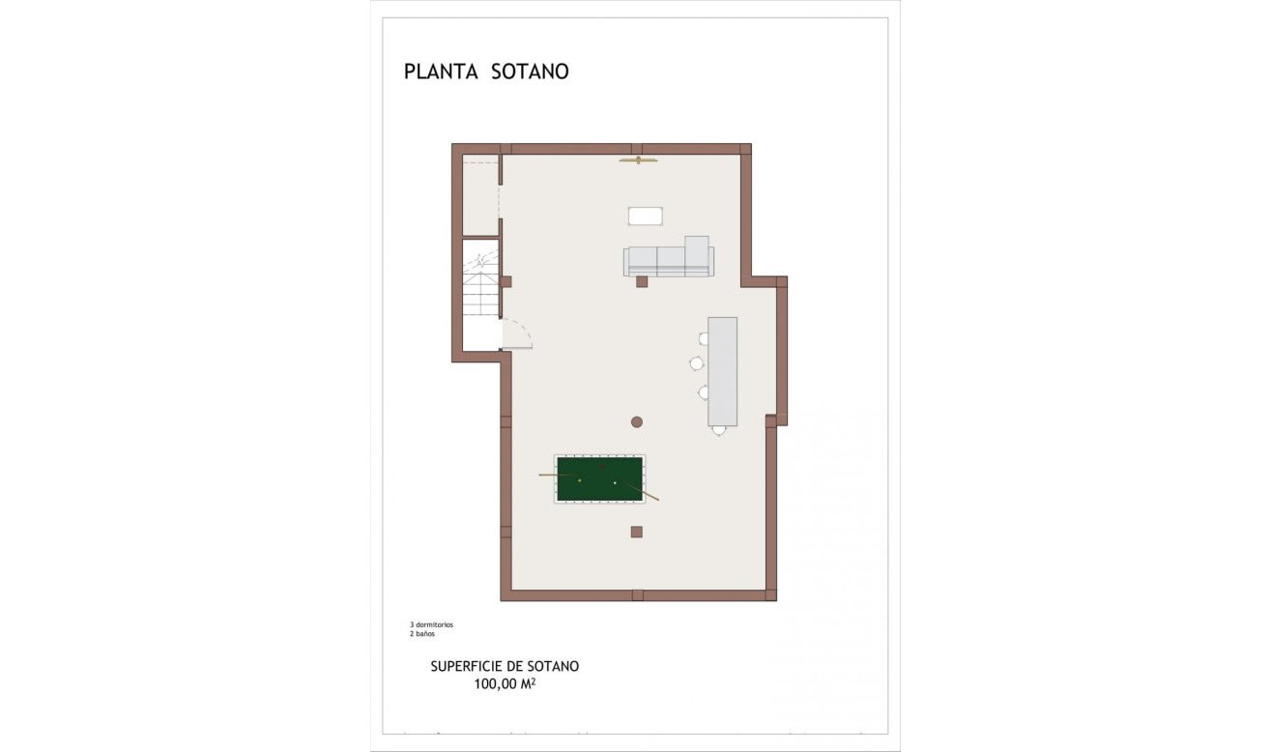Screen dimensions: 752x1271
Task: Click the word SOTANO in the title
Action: click(x=530, y=72)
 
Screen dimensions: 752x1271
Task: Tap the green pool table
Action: click(x=600, y=478)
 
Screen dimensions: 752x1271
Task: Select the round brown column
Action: click(x=637, y=421)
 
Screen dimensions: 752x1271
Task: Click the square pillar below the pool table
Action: click(x=637, y=532)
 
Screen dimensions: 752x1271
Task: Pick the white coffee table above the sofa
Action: click(x=645, y=216)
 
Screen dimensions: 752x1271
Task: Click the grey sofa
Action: click(x=668, y=260)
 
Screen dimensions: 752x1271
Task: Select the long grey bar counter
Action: click(x=722, y=371)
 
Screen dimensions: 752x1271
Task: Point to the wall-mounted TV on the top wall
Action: click(x=638, y=159)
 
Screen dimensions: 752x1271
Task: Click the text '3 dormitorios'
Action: click(x=431, y=624)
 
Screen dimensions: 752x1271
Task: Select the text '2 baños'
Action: click(x=421, y=634)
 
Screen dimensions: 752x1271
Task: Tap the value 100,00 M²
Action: click(x=505, y=683)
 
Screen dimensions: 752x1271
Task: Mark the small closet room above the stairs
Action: click(x=480, y=195)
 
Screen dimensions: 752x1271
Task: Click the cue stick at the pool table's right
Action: click(x=646, y=492)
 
